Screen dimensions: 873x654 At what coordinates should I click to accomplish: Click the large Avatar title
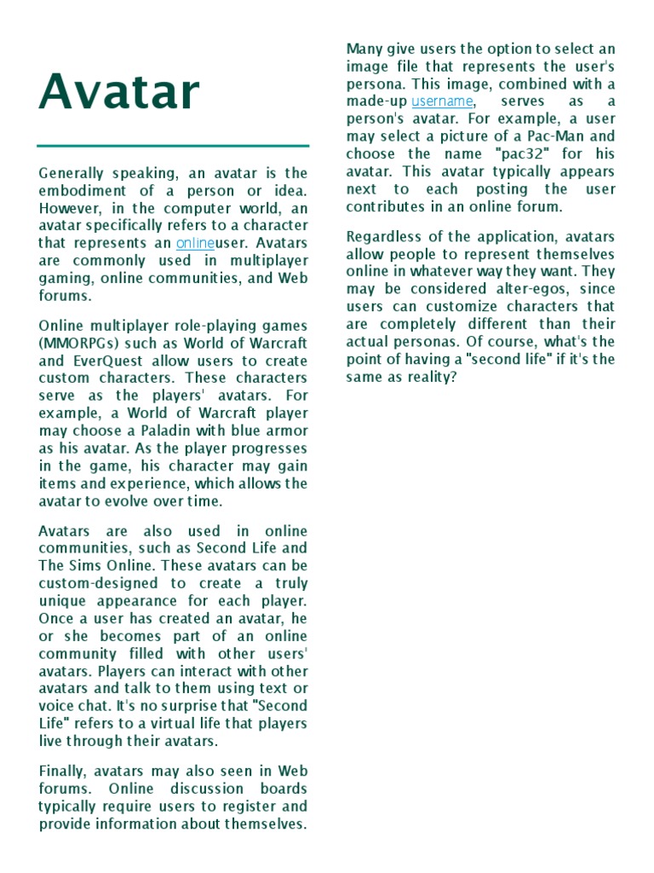coord(119,93)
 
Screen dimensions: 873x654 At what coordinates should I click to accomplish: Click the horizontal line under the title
coord(174,146)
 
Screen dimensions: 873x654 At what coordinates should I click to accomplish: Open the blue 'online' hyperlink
coord(196,243)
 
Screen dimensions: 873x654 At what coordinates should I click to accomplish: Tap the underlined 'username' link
coord(442,101)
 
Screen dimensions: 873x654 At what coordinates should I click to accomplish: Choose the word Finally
coord(63,771)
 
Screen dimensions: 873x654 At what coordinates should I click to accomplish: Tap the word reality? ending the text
coord(429,376)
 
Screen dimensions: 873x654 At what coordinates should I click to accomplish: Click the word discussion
coord(193,789)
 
